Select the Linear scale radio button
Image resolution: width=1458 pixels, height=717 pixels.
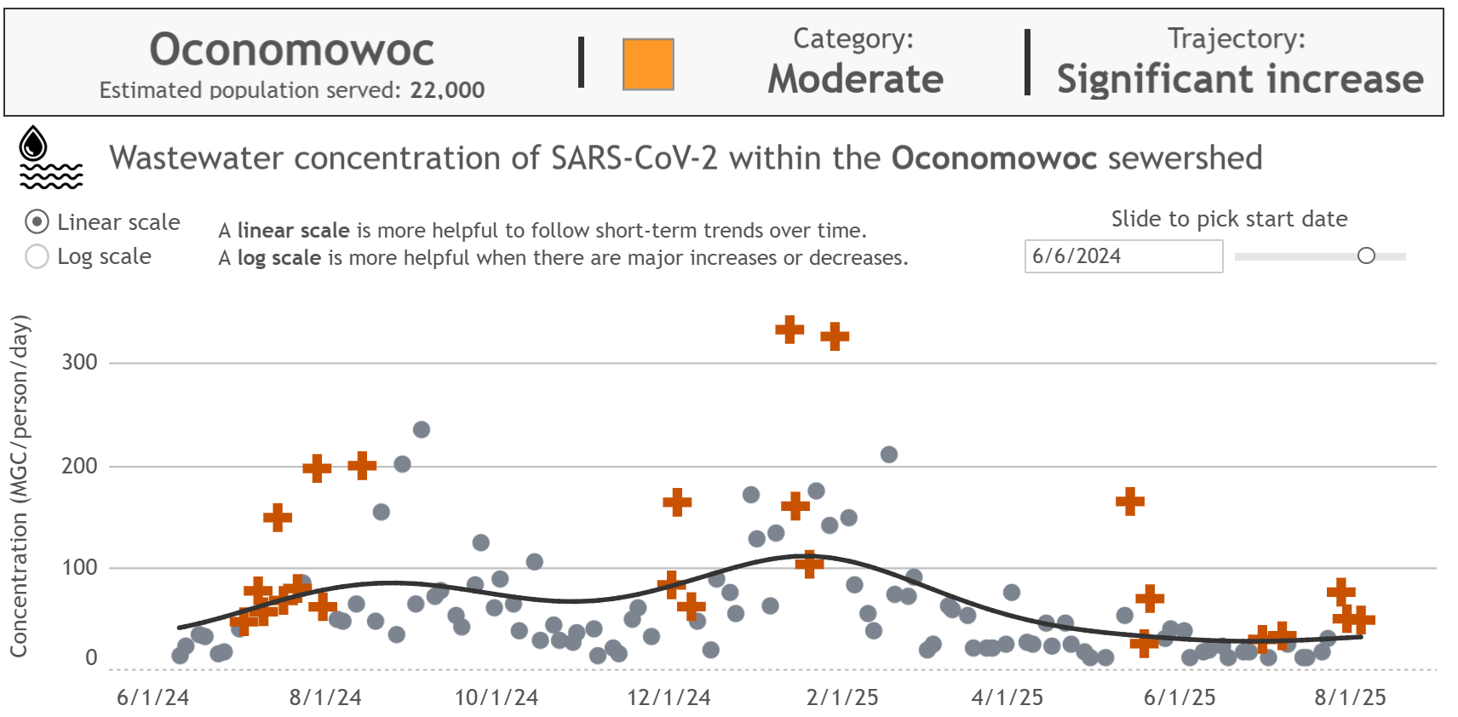click(37, 222)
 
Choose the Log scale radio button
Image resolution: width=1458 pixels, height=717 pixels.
click(37, 256)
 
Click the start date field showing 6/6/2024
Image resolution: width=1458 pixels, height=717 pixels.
click(1122, 256)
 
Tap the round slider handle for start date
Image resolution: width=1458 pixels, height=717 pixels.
click(1366, 255)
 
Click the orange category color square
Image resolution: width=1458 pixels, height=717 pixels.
click(648, 64)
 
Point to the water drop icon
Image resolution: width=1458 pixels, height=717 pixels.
click(34, 143)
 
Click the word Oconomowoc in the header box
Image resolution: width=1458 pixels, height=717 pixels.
click(292, 49)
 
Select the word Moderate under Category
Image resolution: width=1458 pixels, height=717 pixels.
click(855, 79)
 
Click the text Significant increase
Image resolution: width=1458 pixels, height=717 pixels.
click(1239, 79)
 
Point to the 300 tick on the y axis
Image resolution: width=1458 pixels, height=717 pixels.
click(79, 362)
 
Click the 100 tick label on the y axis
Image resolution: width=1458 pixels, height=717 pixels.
click(79, 567)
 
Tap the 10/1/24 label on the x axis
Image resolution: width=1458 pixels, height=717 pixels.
click(496, 697)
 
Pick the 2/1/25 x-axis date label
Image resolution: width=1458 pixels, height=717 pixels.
click(841, 697)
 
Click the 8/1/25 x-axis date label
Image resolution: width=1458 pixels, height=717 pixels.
click(1350, 697)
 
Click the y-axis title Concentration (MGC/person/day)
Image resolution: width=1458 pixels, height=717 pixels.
click(19, 485)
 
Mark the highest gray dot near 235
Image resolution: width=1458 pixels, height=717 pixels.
click(422, 429)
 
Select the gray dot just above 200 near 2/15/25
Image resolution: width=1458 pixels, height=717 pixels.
click(889, 454)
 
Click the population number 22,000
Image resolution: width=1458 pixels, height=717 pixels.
click(447, 90)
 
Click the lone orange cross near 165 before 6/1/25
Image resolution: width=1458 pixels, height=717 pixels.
click(1130, 502)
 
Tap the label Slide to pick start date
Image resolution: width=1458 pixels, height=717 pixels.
click(1229, 219)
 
